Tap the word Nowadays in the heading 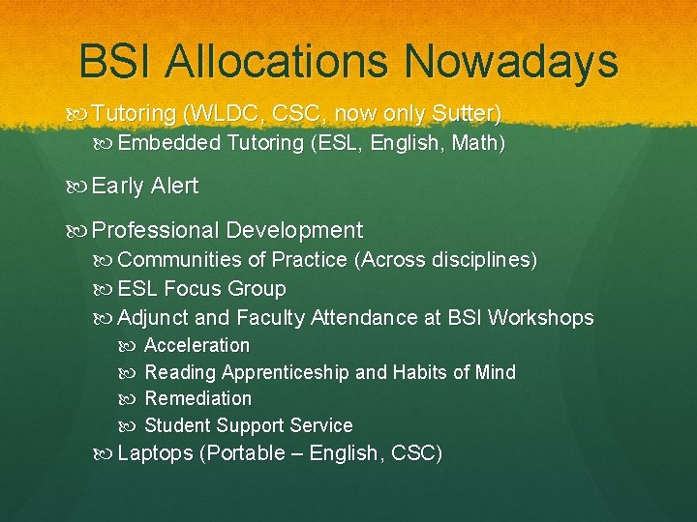pos(511,61)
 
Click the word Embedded pos(169,144)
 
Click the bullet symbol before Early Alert pos(79,187)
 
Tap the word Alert pos(174,187)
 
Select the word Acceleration pos(197,345)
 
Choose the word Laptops pos(155,453)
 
